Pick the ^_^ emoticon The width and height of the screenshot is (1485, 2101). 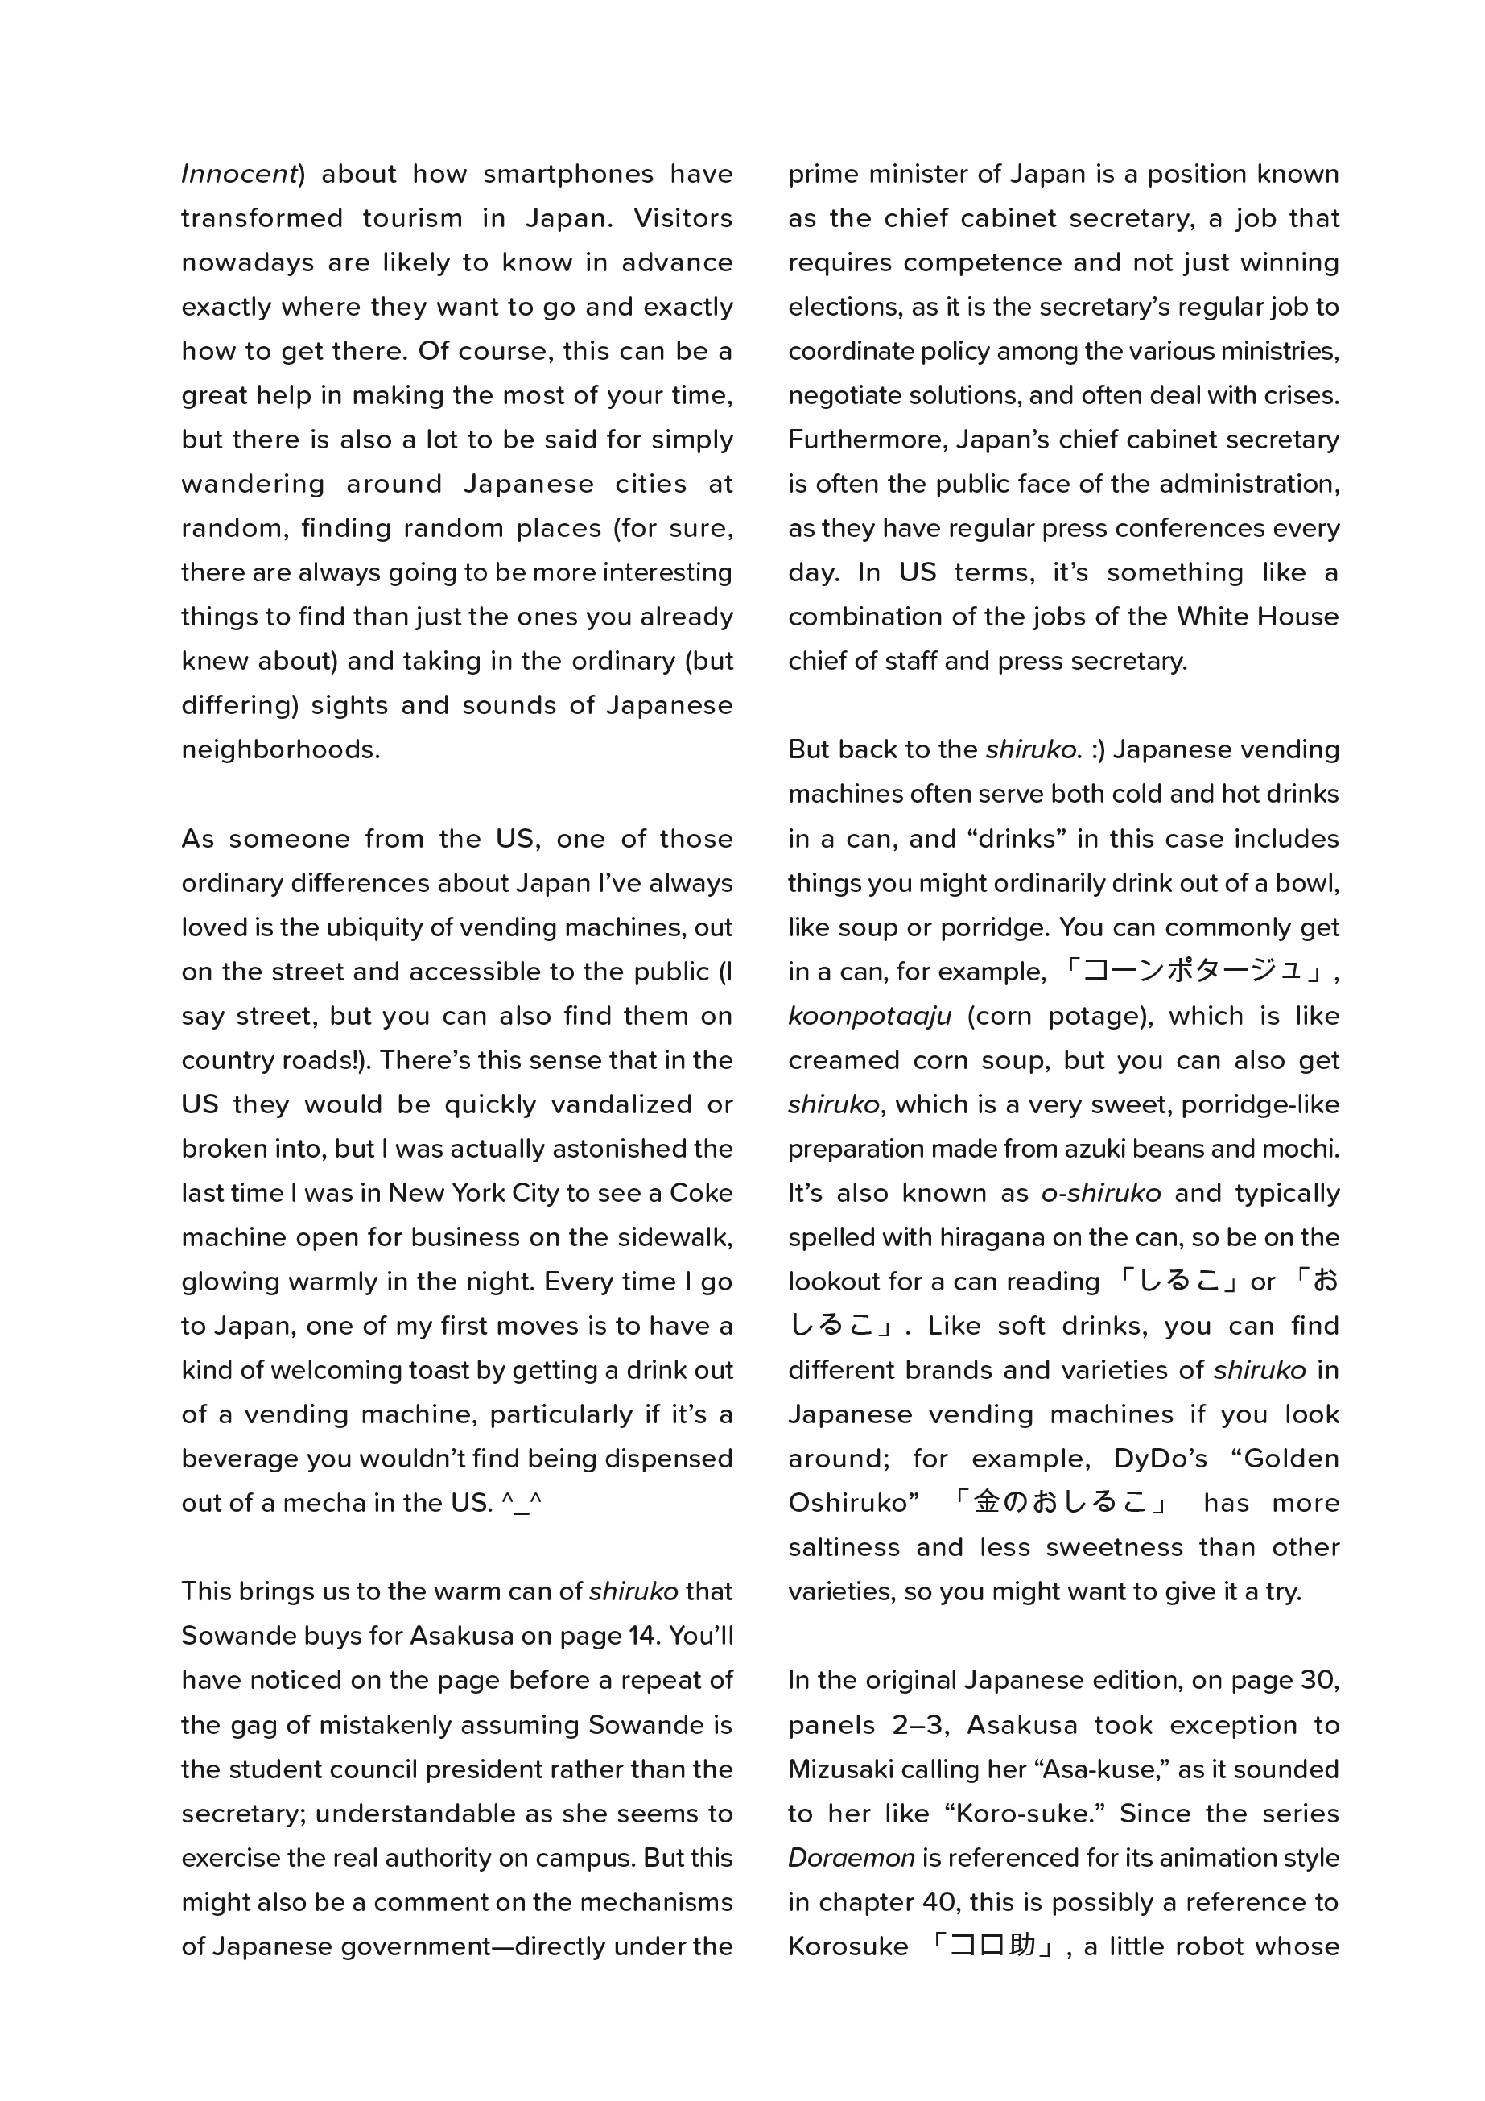[522, 1504]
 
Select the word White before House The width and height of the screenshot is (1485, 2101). [1213, 617]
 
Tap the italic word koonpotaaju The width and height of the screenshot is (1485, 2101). [869, 1017]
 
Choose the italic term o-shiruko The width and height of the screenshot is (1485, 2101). [1101, 1193]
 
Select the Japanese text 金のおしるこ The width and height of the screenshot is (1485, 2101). [1059, 1503]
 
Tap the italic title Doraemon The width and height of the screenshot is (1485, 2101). [851, 1859]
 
